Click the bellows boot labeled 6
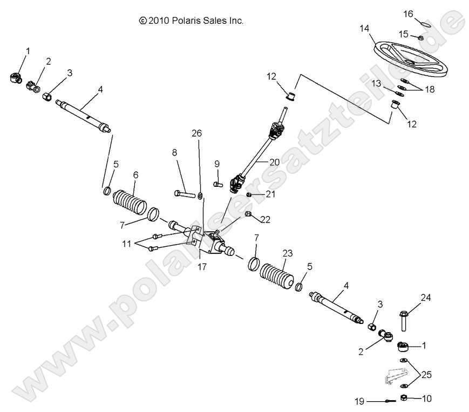(x=130, y=204)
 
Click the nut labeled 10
(x=403, y=399)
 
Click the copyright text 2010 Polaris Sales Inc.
(x=192, y=21)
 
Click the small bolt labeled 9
(x=218, y=184)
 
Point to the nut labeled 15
(x=419, y=37)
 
